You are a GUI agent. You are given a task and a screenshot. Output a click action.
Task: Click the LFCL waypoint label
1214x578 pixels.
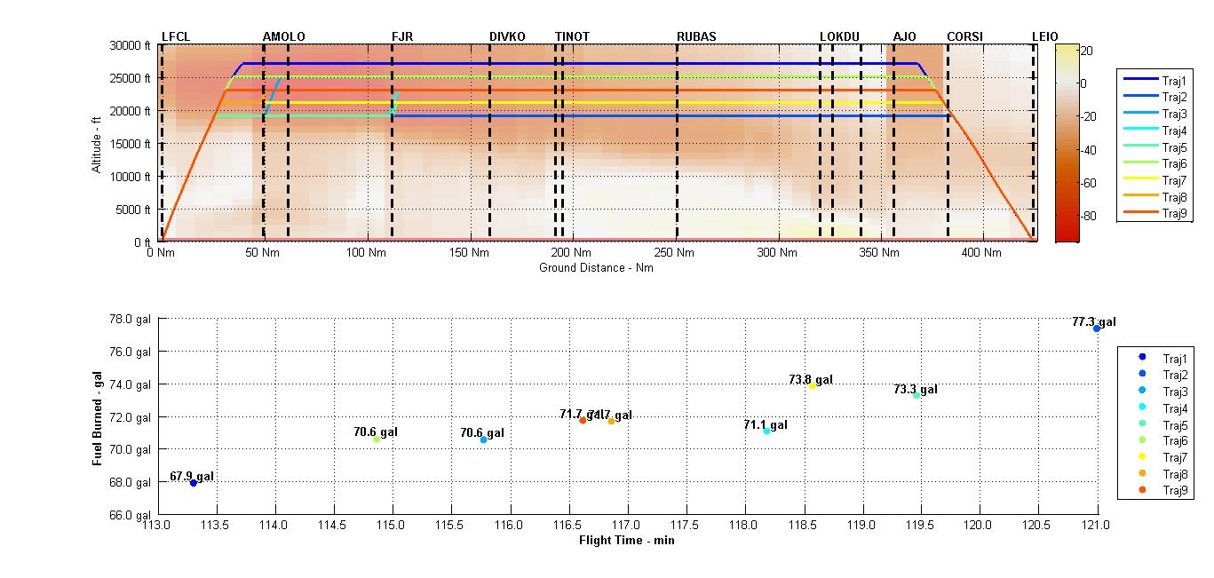click(x=176, y=36)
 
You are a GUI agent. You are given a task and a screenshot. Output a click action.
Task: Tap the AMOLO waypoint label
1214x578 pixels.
click(x=283, y=36)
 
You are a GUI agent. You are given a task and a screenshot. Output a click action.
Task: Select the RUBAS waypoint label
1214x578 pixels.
click(x=696, y=36)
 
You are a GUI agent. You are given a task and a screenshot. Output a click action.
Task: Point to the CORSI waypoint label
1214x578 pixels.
click(x=964, y=36)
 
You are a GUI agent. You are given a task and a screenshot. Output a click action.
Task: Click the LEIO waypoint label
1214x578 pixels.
click(x=1044, y=36)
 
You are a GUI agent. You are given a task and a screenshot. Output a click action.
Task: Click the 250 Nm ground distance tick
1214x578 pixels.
click(x=676, y=253)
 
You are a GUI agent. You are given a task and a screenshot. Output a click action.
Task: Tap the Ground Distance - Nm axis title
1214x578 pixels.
click(x=596, y=267)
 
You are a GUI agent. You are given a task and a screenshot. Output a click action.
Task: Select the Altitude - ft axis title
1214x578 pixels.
click(x=97, y=143)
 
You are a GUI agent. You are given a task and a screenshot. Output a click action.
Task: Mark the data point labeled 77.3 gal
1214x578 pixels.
click(x=1097, y=329)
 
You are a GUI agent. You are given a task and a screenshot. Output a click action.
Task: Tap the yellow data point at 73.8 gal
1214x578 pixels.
click(x=812, y=385)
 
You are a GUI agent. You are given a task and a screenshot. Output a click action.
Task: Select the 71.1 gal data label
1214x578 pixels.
click(x=766, y=425)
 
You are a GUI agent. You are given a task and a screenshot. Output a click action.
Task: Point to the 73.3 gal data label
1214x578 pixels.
click(x=915, y=389)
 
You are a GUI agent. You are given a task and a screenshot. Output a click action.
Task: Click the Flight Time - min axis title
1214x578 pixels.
click(x=626, y=540)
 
